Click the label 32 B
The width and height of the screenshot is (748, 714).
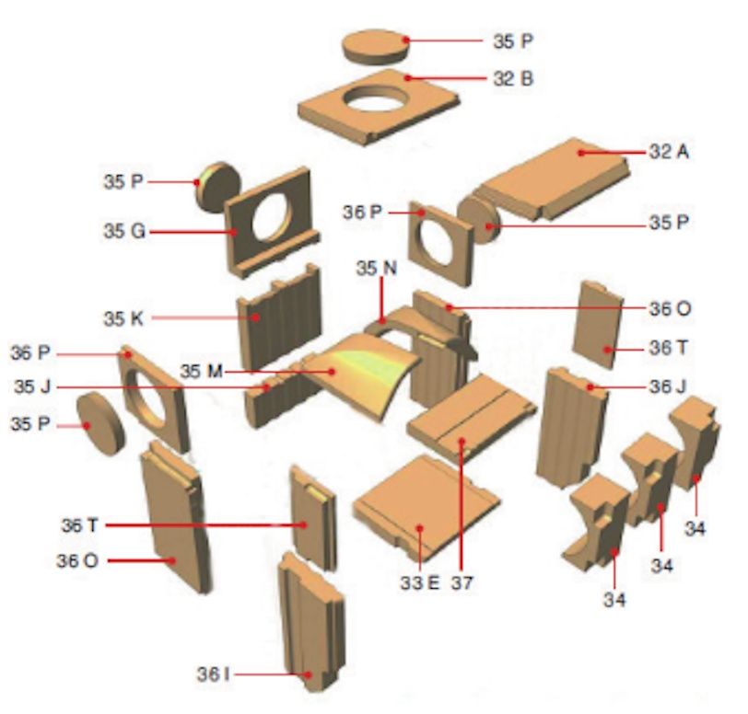(x=513, y=78)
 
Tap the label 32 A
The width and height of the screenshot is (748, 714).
(x=670, y=152)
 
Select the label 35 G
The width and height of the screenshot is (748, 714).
(x=124, y=232)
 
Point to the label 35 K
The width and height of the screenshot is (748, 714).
(x=123, y=319)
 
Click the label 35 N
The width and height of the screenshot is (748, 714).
(x=377, y=269)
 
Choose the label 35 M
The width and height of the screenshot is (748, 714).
(x=202, y=372)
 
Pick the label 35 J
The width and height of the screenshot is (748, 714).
(x=32, y=386)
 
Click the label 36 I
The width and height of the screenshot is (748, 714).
(x=213, y=674)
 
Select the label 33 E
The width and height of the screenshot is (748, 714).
(x=420, y=583)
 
